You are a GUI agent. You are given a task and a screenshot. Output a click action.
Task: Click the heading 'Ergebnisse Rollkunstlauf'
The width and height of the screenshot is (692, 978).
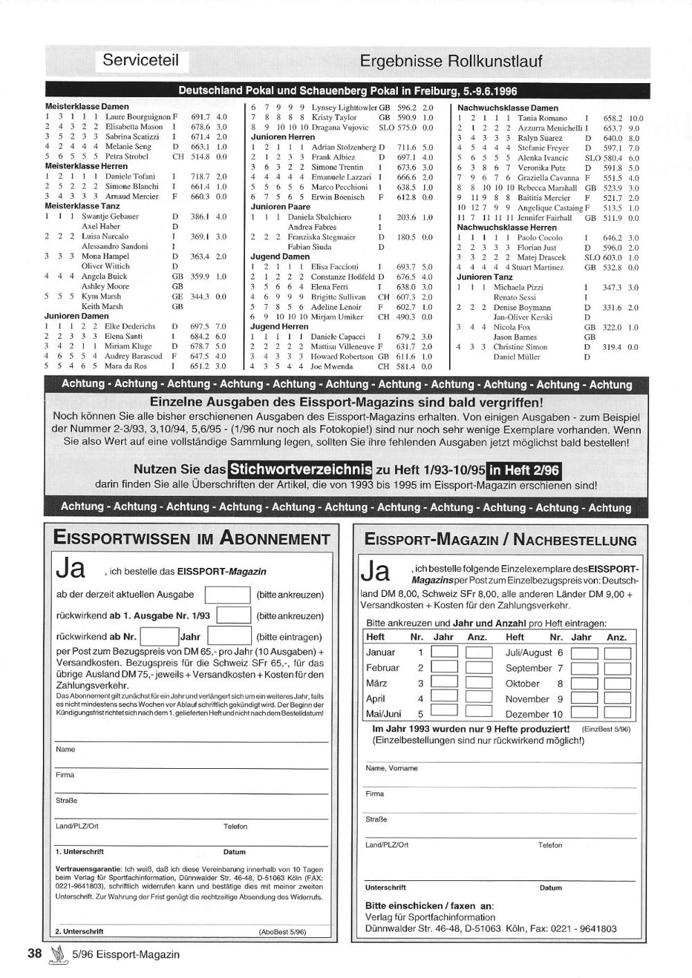click(450, 62)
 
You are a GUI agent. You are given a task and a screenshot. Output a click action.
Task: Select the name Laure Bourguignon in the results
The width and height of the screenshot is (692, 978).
click(138, 118)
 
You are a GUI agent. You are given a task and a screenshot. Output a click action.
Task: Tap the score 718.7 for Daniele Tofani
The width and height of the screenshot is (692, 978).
click(201, 177)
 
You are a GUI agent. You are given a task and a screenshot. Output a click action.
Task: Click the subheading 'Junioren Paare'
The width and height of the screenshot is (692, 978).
click(280, 207)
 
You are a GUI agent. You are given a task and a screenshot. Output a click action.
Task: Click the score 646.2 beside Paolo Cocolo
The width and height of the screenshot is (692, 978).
click(613, 238)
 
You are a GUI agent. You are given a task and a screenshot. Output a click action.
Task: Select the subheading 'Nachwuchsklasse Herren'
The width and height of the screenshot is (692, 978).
click(507, 227)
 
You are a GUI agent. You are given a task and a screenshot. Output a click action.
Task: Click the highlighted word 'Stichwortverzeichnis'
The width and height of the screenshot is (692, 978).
click(300, 470)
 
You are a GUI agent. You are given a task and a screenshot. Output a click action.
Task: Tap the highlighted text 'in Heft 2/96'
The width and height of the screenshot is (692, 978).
click(523, 470)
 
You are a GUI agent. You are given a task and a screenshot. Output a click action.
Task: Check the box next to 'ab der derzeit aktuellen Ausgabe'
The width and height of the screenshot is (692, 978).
click(228, 595)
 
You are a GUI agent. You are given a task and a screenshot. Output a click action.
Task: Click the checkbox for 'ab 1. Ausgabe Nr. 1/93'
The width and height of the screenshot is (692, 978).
click(233, 616)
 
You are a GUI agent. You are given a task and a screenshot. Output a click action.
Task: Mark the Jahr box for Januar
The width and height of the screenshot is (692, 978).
click(444, 652)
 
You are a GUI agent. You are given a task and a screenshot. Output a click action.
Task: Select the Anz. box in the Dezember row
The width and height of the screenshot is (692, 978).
click(617, 713)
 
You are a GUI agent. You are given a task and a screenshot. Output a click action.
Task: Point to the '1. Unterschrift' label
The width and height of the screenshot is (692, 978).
click(80, 852)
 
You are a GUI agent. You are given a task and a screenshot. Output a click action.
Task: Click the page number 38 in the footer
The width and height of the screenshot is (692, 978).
click(35, 953)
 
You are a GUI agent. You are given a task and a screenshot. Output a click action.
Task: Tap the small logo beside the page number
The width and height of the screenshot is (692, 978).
click(57, 954)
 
